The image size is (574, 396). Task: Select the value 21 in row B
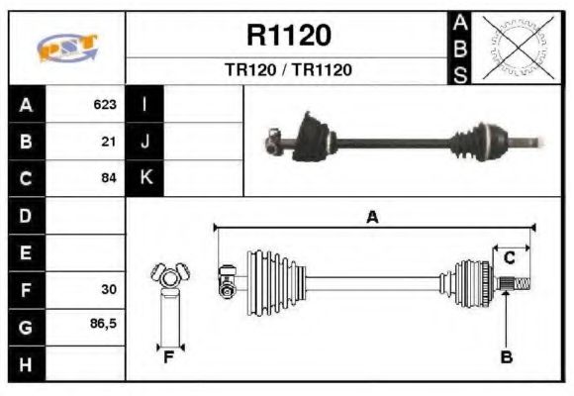tap(109, 142)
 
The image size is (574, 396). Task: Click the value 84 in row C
tap(109, 178)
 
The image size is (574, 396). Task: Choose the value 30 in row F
tap(109, 290)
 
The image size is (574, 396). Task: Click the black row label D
tap(26, 215)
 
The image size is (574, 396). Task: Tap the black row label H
tap(26, 363)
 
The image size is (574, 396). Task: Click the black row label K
tap(145, 178)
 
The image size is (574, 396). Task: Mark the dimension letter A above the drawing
tap(372, 217)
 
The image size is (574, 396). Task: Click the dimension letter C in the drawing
tap(510, 258)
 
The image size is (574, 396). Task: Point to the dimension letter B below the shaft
tap(506, 357)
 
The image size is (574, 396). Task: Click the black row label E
tap(26, 252)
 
